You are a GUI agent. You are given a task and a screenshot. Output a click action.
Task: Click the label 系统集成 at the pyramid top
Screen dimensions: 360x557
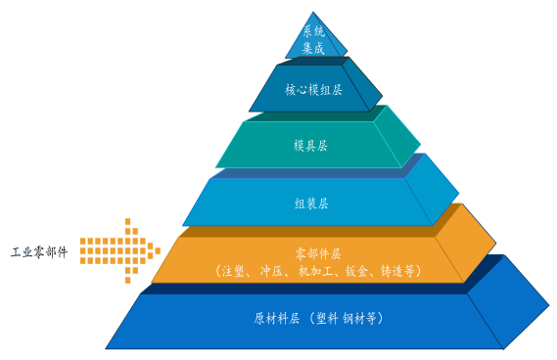click(x=311, y=39)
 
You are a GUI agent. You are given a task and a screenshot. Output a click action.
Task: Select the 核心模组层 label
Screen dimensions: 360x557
click(x=313, y=90)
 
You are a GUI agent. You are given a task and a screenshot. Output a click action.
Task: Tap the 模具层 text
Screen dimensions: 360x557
click(x=311, y=146)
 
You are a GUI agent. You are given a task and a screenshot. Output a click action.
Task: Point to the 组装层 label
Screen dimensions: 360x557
click(x=311, y=203)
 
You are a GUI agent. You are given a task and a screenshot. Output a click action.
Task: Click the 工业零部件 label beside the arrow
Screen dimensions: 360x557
click(x=39, y=252)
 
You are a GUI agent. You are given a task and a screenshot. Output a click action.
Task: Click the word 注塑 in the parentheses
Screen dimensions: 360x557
click(x=233, y=270)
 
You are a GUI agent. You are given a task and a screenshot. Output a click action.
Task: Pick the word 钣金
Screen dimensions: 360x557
click(x=357, y=270)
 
